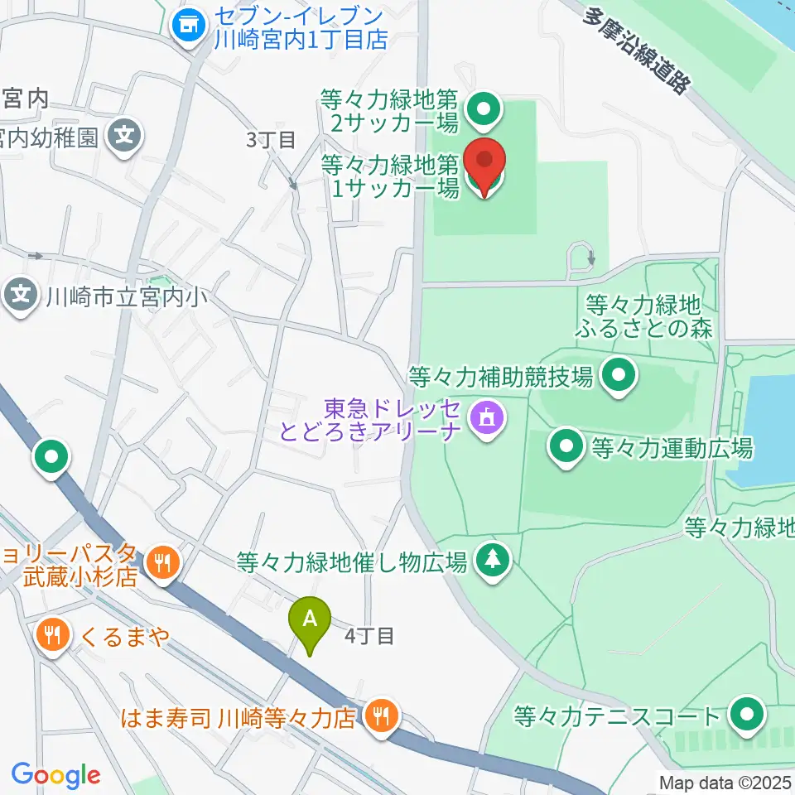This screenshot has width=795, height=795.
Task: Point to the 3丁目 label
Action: [x=271, y=140]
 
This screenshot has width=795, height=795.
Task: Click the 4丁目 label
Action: [x=369, y=636]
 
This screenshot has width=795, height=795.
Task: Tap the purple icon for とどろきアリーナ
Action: [x=484, y=417]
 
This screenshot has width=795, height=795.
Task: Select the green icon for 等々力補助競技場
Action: [x=618, y=378]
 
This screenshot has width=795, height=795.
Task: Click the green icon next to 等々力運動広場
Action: [x=567, y=449]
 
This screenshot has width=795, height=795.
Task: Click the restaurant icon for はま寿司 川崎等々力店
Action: [x=381, y=715]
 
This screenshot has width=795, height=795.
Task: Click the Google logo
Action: [x=55, y=775]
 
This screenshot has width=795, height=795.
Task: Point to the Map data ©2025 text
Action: [x=725, y=781]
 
